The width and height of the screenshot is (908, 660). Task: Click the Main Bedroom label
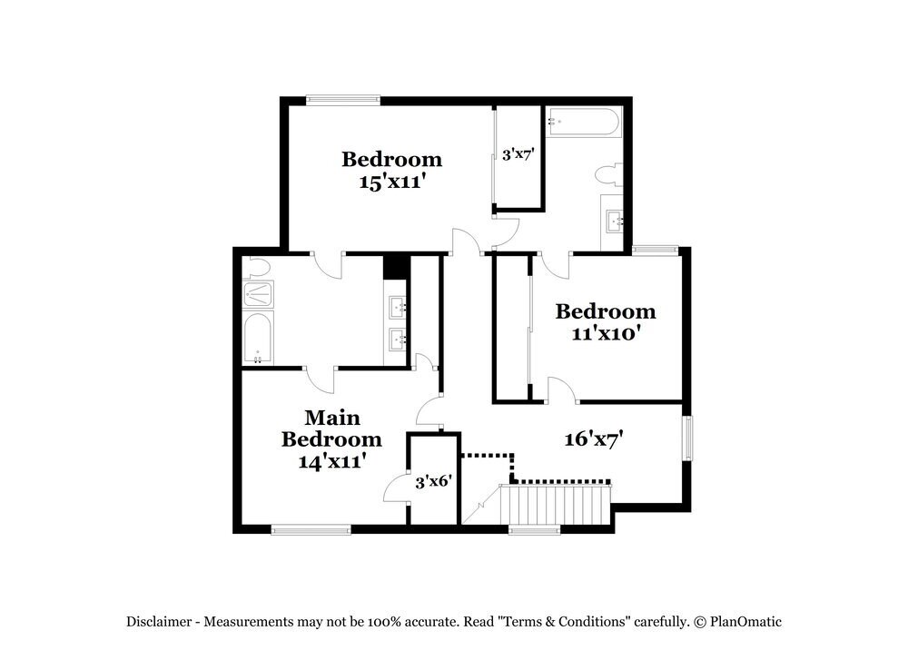pyautogui.click(x=331, y=429)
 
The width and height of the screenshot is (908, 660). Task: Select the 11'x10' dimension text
pyautogui.click(x=606, y=333)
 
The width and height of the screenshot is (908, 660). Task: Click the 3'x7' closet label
pyautogui.click(x=517, y=154)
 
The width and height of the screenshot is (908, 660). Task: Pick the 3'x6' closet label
pyautogui.click(x=433, y=483)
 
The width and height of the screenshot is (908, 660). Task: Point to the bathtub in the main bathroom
pyautogui.click(x=258, y=338)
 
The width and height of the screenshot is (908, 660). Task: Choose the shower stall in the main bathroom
pyautogui.click(x=259, y=293)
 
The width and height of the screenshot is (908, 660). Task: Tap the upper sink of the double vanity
pyautogui.click(x=398, y=307)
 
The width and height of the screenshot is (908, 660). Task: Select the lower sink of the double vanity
pyautogui.click(x=398, y=340)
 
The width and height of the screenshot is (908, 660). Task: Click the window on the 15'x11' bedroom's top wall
pyautogui.click(x=342, y=100)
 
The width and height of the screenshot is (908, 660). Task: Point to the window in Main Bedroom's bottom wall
pyautogui.click(x=311, y=529)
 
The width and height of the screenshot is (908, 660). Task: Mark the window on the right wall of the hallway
pyautogui.click(x=687, y=438)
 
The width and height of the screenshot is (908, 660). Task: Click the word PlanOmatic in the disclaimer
pyautogui.click(x=745, y=622)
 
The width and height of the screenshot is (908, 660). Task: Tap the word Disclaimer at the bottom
pyautogui.click(x=159, y=622)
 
